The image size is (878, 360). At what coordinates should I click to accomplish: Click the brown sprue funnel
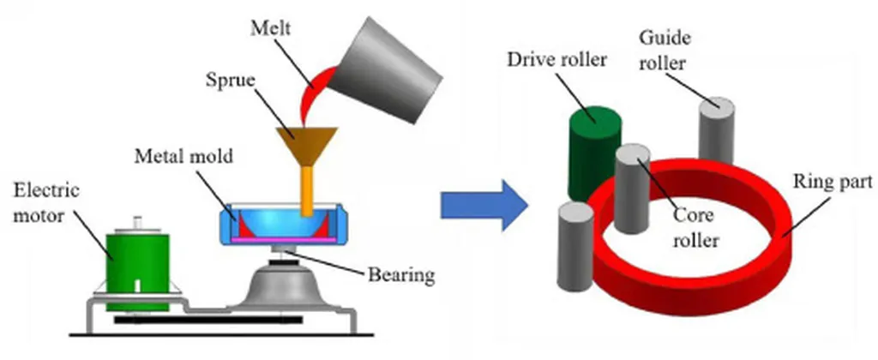point(306,141)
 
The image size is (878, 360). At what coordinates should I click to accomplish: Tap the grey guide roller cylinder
point(717,133)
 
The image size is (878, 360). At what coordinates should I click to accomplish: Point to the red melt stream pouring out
point(308,99)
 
